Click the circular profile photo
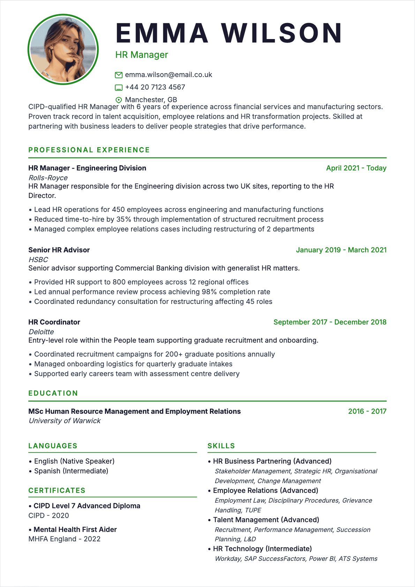[x=63, y=49]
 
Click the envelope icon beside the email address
[x=119, y=75]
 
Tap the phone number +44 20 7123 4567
[x=155, y=87]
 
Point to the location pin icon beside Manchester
[x=119, y=100]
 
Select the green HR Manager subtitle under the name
[x=142, y=55]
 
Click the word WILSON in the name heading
[x=282, y=33]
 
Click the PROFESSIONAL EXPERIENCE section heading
[x=89, y=150]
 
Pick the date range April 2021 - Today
[x=356, y=168]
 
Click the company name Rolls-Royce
[x=48, y=178]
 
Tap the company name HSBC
[x=38, y=260]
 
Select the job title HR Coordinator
[x=54, y=322]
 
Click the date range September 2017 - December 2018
[x=330, y=322]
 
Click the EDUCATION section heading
[x=53, y=393]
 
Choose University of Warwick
[x=65, y=421]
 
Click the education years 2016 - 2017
[x=367, y=411]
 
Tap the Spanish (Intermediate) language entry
[x=71, y=471]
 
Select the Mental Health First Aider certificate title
[x=75, y=529]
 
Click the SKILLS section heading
[x=221, y=446]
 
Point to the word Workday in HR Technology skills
[x=227, y=559]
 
